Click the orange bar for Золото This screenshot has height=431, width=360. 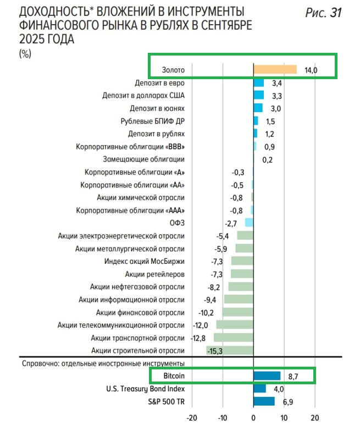pos(274,70)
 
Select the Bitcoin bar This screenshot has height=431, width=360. pos(267,376)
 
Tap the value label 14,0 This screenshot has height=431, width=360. pos(312,70)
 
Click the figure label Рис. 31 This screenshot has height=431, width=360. pos(324,13)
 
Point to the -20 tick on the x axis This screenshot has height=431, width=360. pos(191,417)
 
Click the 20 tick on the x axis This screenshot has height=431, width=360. pos(315,417)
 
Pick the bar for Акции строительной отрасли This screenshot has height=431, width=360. pos(230,351)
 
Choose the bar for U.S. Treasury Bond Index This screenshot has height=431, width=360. pos(259,389)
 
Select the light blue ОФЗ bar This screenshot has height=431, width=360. pos(249,223)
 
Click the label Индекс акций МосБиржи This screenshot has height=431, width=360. pos(145,261)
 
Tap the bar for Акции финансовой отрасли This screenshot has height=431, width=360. pos(237,312)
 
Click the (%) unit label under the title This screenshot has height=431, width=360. pos(25,53)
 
